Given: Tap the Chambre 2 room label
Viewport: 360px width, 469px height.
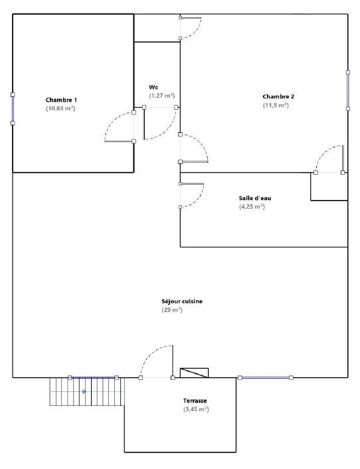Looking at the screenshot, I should [x=278, y=96].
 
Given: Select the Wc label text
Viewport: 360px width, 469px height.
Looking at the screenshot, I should [x=153, y=87].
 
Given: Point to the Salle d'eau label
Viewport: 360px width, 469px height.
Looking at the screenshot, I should [x=255, y=198].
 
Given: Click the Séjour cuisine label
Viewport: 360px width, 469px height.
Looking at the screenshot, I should [x=182, y=302].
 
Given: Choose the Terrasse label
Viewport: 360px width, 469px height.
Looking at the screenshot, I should [x=196, y=401].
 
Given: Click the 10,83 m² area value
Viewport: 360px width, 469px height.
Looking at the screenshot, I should [x=60, y=108].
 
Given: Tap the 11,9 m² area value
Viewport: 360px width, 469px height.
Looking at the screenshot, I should [x=276, y=105].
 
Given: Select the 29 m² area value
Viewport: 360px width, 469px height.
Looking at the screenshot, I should [x=172, y=310].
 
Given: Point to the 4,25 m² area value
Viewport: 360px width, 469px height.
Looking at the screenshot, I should [x=252, y=207].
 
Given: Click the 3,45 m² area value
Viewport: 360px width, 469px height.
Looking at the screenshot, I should [x=196, y=409].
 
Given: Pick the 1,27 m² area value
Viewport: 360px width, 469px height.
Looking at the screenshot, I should [x=161, y=96].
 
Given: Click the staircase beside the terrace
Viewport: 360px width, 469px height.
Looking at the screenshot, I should [x=87, y=391].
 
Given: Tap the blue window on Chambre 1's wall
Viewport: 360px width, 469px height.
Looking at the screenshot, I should [x=13, y=108].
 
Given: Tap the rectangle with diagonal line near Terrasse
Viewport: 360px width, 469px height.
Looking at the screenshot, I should [x=194, y=373].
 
